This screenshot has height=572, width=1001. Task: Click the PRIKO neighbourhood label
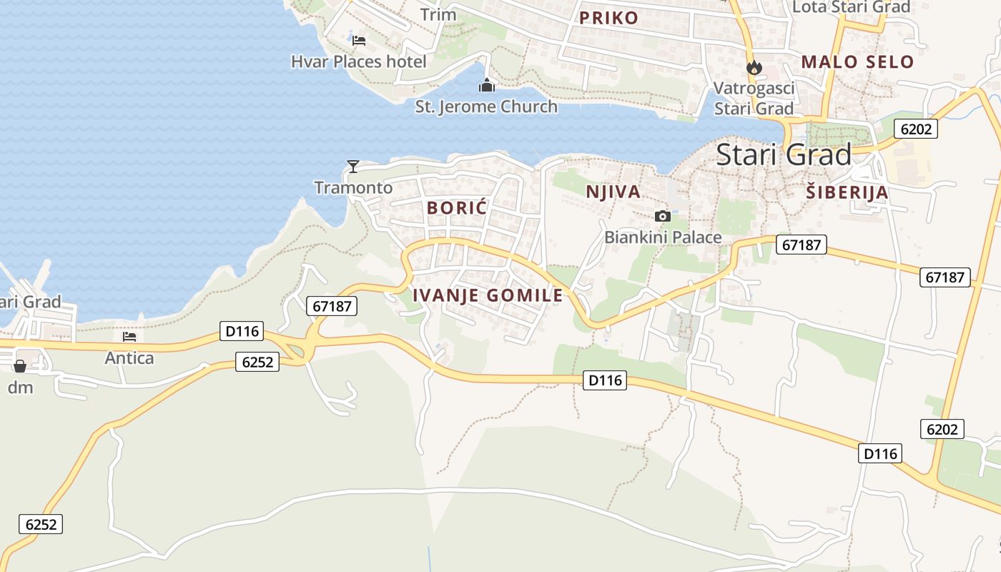coord(608,18)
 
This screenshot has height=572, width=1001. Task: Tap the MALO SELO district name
coord(857,61)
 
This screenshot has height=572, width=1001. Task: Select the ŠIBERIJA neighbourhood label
coord(847,192)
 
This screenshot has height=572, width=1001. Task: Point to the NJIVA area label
coord(613,192)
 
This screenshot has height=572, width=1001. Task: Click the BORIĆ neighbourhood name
coord(456,208)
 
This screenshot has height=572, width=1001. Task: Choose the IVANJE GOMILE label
coord(488,295)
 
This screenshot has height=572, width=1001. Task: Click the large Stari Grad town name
coord(784,155)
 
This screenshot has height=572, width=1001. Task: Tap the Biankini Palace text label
coord(663,237)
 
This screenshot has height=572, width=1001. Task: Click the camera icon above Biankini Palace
coord(663,216)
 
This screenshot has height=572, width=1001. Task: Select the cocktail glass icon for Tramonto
coord(352,167)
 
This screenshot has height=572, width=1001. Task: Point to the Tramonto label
coord(353,188)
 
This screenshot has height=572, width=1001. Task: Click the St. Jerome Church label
coord(486,107)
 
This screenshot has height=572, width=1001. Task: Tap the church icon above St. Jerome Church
coord(487,86)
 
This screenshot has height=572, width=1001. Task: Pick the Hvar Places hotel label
coord(358,61)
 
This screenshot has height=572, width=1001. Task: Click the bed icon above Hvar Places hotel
coord(359,40)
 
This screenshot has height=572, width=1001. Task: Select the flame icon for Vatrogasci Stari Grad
coord(754,68)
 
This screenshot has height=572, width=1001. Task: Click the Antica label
coord(129,357)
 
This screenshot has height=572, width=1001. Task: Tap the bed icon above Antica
coord(129,336)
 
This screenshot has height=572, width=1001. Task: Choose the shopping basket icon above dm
coord(20,366)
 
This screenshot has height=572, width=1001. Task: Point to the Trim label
coord(438,14)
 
